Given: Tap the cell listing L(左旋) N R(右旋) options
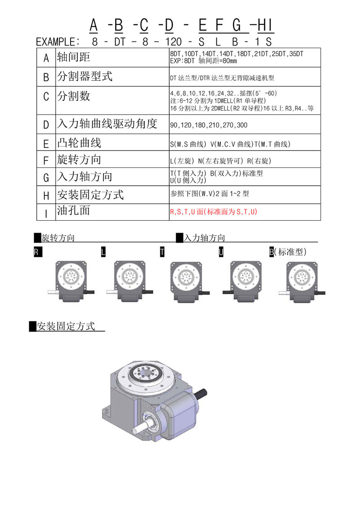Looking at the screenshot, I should click(x=220, y=160).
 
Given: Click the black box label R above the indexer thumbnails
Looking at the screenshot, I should click(x=36, y=252).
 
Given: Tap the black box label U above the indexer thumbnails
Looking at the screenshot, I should click(x=221, y=252).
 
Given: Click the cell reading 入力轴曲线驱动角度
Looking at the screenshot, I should click(x=107, y=124).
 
